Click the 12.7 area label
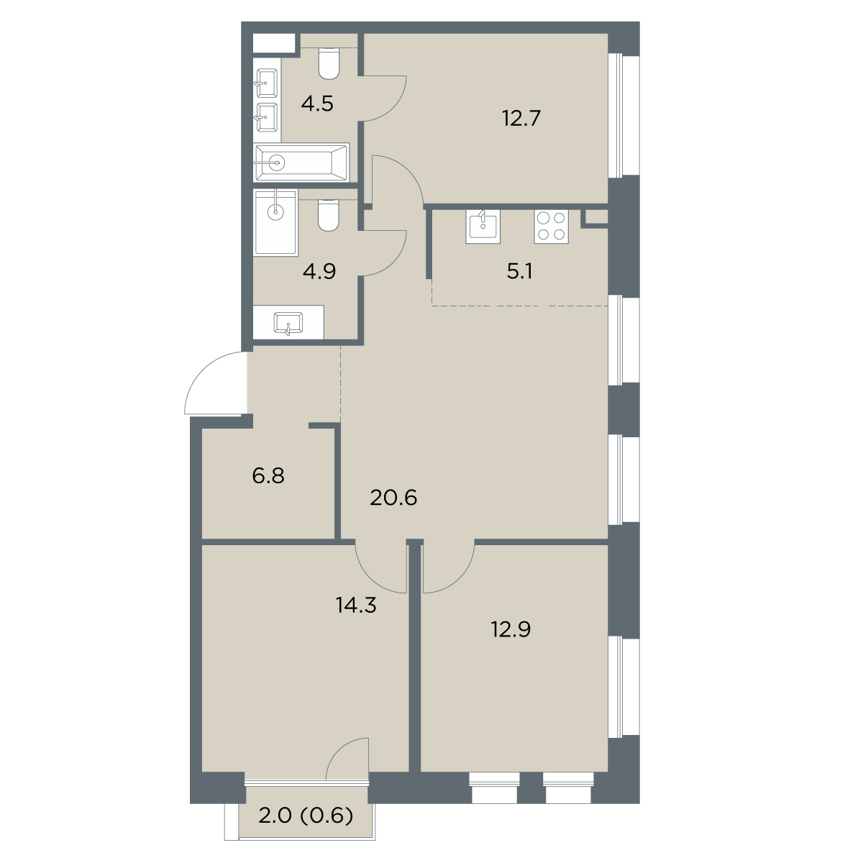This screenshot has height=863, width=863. pos(521,119)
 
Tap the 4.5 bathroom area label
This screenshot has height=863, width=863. pos(317,104)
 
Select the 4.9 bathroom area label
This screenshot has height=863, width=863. pos(319,271)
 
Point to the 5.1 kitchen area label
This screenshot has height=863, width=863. pos(519,271)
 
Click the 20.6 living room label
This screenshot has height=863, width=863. pos(393,498)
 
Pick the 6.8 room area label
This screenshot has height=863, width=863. pos(268,476)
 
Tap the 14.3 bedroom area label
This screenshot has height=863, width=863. pos(356,606)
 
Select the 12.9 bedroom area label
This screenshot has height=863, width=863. pos(511,630)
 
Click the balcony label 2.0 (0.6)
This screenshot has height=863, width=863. pos(306,816)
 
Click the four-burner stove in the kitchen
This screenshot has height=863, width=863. pos(551,227)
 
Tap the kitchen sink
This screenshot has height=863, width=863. pos(483,227)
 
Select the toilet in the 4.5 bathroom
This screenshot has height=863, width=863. pos(329,63)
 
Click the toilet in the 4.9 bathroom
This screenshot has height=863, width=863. pos(328,216)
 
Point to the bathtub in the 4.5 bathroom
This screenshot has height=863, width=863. pos(301,163)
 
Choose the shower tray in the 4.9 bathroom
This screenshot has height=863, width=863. pos(275,222)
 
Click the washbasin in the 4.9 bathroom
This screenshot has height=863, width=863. pos(288,323)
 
